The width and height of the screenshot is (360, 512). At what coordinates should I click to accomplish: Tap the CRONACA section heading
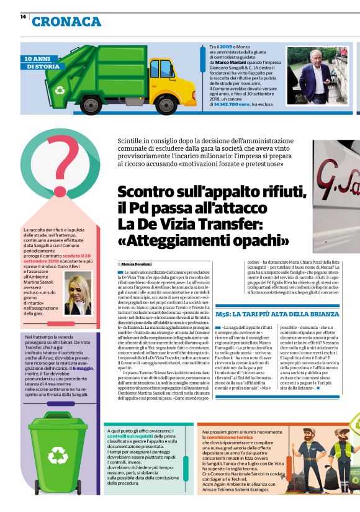coord(66,22)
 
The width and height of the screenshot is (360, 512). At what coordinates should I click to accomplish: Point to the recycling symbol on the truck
coord(60,91)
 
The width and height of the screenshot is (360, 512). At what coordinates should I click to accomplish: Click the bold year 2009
coord(226,47)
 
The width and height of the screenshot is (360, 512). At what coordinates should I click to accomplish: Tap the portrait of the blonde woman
coord(78,295)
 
